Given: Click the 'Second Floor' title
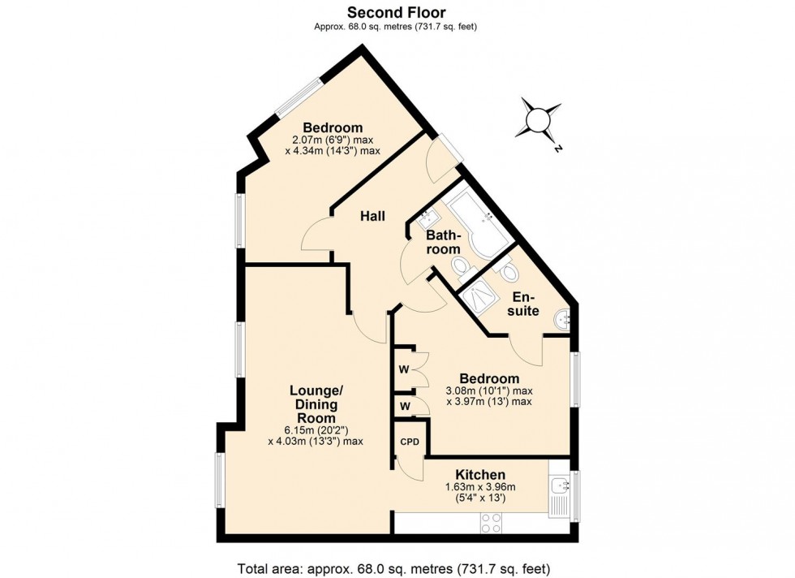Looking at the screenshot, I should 397,11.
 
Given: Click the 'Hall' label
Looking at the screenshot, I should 372,216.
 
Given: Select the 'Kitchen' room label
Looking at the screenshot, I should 480,475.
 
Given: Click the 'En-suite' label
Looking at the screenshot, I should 523,304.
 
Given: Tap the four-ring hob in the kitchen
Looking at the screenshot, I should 491,522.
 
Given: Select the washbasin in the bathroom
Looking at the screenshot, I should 428,218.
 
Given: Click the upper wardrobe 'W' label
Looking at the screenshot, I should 403,370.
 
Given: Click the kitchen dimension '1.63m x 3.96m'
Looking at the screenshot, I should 480,487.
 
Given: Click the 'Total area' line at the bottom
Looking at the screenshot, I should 397,567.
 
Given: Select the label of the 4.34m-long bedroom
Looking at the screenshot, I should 333,127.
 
